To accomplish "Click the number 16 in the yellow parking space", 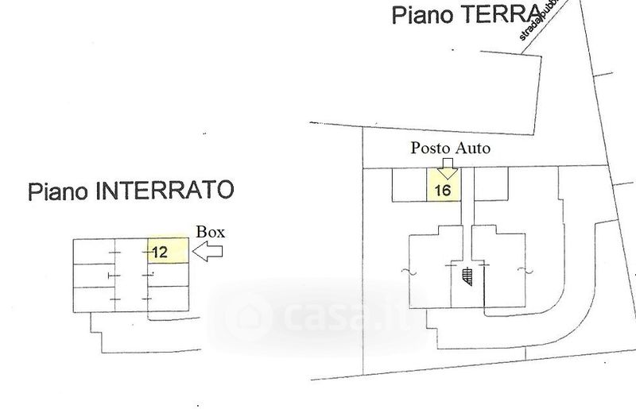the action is point(444,191).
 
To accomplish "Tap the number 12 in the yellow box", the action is point(160,253).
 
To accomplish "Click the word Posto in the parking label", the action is point(429,148).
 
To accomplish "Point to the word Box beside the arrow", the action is point(211,233).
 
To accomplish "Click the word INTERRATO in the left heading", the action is point(165,191).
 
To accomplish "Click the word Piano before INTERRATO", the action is point(59,191).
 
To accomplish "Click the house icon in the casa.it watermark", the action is point(247,316).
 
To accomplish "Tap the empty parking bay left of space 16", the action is point(410,184).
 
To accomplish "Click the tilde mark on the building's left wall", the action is point(407,272).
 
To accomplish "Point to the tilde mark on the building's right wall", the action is point(523,272).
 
